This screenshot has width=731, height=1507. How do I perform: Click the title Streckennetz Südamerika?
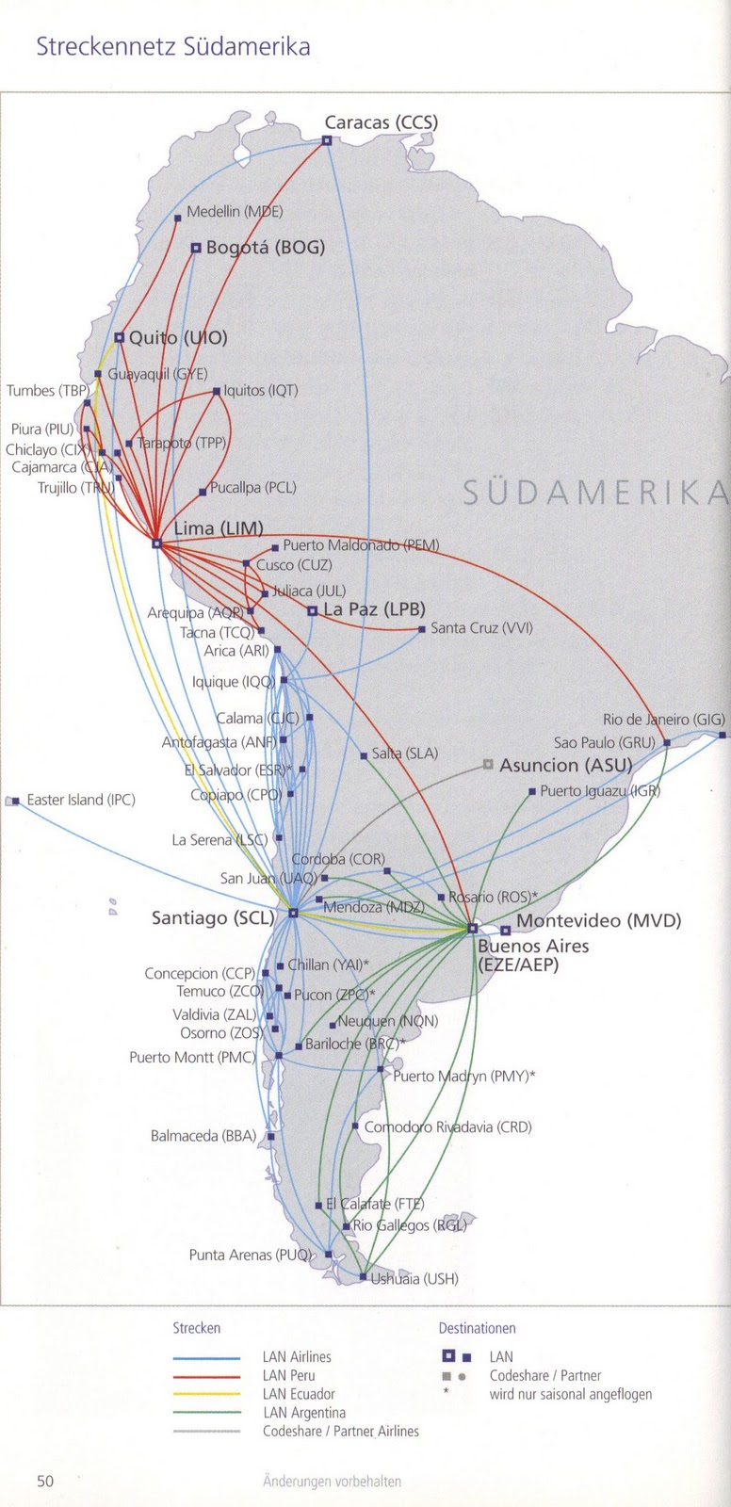[x=172, y=47]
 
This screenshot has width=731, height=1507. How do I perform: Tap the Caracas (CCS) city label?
[x=381, y=122]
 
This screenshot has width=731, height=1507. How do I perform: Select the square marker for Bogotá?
[x=196, y=249]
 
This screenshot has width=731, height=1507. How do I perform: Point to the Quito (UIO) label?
[x=178, y=337]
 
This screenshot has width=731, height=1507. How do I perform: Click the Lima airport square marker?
[x=156, y=543]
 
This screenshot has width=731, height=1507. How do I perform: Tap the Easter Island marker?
[x=14, y=802]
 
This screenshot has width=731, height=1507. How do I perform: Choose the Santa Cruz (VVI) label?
[x=481, y=628]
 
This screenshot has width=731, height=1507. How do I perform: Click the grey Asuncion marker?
[x=487, y=765]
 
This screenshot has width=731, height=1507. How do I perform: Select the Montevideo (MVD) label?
[x=598, y=921]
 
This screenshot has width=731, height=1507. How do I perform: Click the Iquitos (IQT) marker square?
[x=217, y=391]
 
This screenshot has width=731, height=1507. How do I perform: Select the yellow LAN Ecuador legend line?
[x=206, y=1394]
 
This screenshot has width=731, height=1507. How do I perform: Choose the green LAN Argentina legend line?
[x=206, y=1413]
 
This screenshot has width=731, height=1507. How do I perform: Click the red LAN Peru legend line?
[x=206, y=1376]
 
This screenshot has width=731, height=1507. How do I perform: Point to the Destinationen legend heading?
[x=477, y=1329]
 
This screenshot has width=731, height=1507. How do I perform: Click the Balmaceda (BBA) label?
[x=203, y=1137]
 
